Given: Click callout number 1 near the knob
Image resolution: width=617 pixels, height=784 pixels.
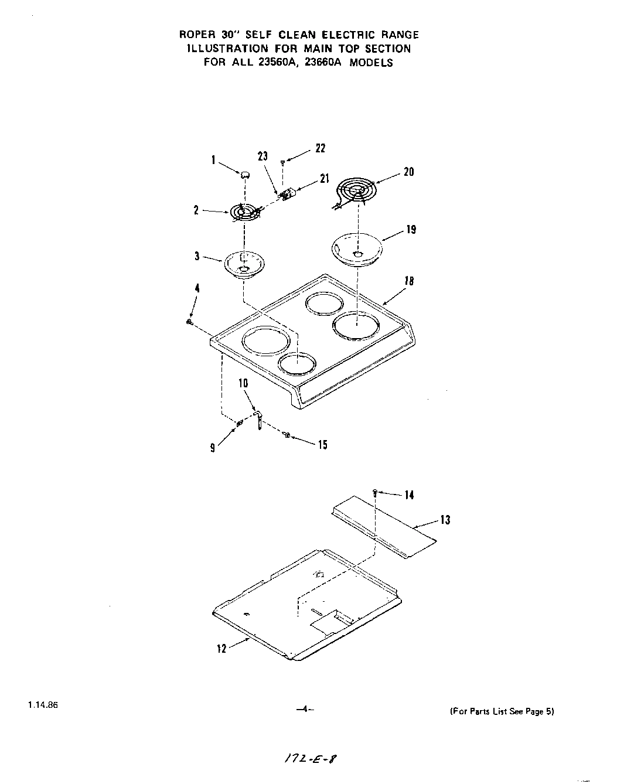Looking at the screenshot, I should tap(214, 159).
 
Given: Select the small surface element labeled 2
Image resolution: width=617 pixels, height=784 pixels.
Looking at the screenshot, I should tap(242, 212).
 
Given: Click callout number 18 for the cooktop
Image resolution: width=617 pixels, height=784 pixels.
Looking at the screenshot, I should tap(409, 281).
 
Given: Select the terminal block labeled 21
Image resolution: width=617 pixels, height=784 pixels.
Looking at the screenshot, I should tap(287, 194).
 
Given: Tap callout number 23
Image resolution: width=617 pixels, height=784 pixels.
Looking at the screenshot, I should tap(263, 156).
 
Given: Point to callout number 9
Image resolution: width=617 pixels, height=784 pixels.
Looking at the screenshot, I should tap(213, 447).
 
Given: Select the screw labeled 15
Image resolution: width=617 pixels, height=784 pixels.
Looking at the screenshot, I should tap(287, 434).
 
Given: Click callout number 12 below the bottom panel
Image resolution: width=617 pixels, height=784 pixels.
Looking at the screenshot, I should tap(221, 649).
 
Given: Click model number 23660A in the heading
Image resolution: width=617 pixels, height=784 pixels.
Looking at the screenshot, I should tap(321, 63).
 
